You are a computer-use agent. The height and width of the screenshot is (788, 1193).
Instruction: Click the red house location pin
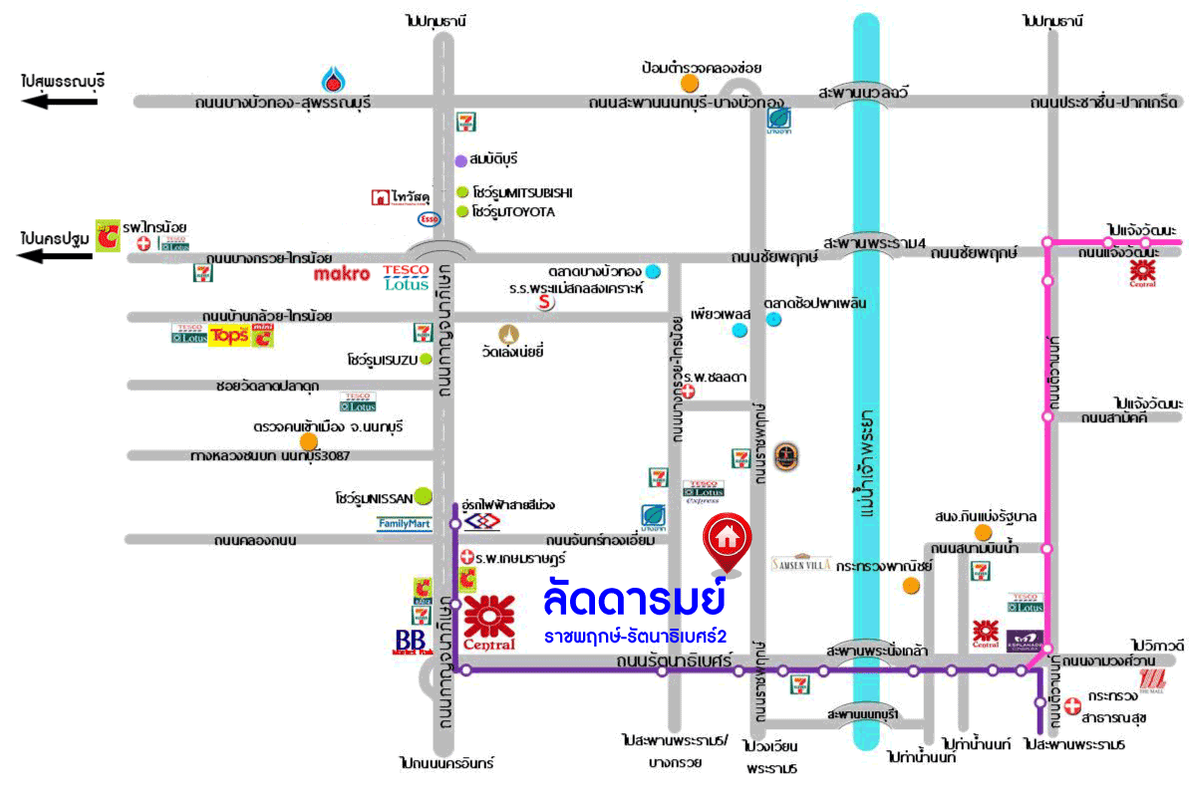[728, 540]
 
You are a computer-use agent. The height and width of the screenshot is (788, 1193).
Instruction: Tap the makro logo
[342, 273]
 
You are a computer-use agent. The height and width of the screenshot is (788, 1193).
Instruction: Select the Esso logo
[429, 218]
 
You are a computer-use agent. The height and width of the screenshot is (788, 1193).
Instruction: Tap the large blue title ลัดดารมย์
[634, 600]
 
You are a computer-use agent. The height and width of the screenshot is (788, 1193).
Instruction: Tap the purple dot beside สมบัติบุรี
[460, 159]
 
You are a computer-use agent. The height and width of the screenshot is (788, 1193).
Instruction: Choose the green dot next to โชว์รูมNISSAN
[424, 493]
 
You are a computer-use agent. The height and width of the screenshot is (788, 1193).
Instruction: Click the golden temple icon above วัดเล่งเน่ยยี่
[511, 333]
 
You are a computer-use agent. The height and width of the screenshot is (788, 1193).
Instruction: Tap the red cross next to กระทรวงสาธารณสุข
[1072, 705]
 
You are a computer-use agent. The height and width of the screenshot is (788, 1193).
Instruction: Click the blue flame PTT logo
[333, 79]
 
